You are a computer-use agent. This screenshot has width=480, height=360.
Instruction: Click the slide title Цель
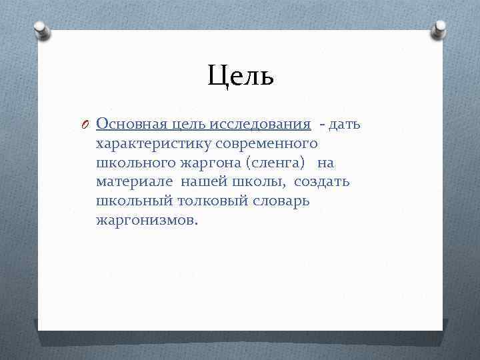pyautogui.click(x=240, y=75)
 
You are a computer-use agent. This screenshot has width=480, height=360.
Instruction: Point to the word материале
pyautogui.click(x=133, y=182)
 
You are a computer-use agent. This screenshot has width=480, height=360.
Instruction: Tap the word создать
pyautogui.click(x=321, y=182)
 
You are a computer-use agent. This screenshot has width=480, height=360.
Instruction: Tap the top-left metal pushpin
pyautogui.click(x=41, y=29)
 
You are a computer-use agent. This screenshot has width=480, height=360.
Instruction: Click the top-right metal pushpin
pyautogui.click(x=440, y=29)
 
